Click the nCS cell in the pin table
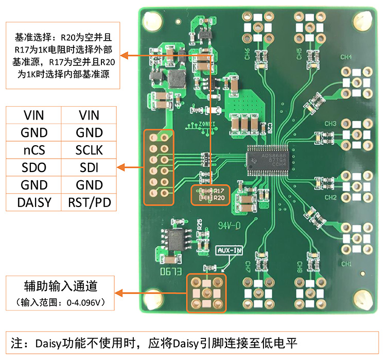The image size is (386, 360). click(34, 150)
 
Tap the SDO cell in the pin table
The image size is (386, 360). click(34, 167)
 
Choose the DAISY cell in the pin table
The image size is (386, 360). click(34, 202)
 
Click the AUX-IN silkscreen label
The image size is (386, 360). click(230, 250)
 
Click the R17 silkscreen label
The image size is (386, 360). click(220, 190)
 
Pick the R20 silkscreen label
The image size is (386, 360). click(220, 197)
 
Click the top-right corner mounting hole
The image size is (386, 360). click(363, 20)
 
